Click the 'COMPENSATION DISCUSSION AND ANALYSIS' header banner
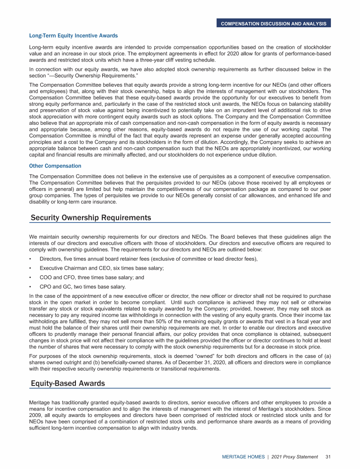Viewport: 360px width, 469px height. click(274, 23)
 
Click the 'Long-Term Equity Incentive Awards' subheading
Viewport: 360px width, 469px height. click(73, 36)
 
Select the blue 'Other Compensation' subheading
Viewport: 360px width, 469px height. click(55, 166)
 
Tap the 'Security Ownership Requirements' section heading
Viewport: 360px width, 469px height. click(91, 218)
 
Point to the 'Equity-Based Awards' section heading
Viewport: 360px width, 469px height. click(67, 384)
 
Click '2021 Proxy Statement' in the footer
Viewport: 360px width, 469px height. click(294, 457)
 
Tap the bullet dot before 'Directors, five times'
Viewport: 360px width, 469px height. click(30, 259)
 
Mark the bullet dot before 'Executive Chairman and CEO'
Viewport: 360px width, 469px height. click(30, 268)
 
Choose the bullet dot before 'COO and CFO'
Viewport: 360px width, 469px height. click(30, 277)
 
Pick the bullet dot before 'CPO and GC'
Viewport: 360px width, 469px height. click(30, 287)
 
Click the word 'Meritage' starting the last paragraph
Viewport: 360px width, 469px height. click(39, 403)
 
